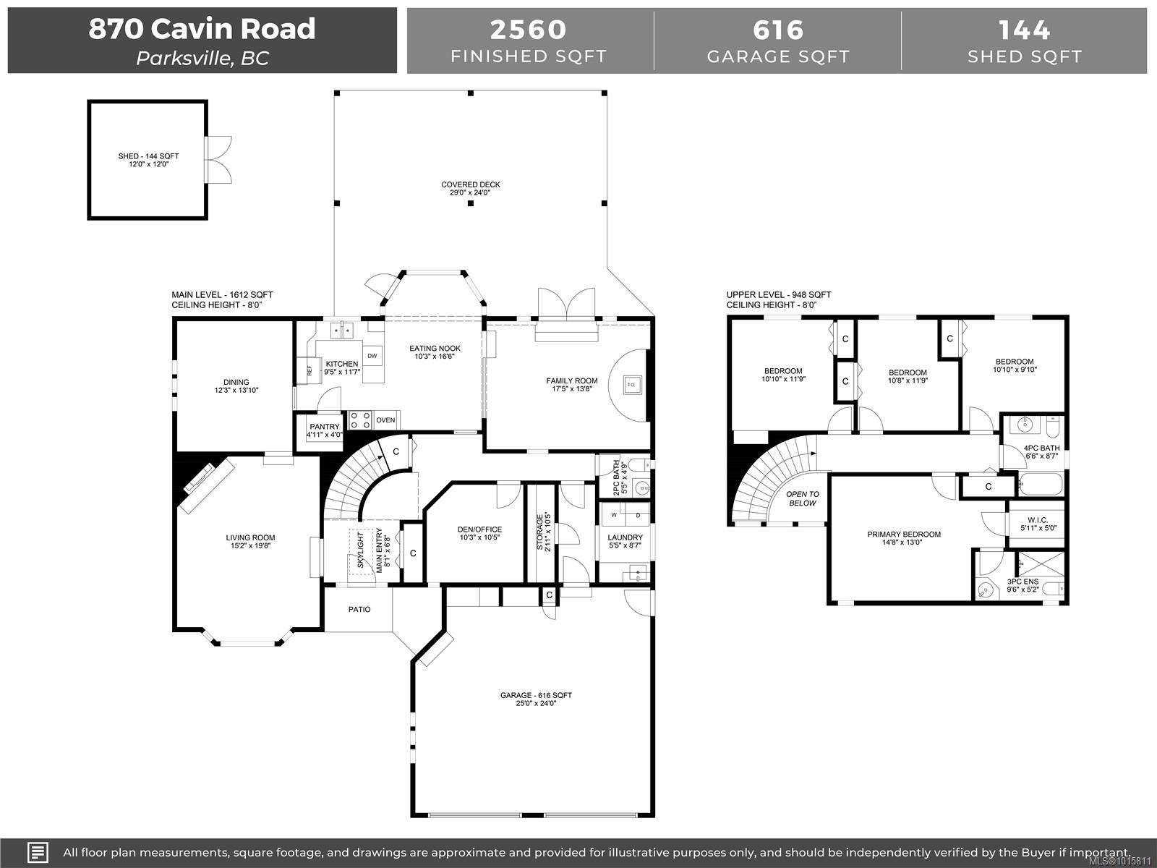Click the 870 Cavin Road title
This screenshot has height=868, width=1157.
coord(202,28)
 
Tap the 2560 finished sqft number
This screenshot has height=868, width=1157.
coord(528,30)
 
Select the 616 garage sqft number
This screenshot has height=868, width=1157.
coord(778,30)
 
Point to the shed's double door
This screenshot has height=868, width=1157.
coord(218,160)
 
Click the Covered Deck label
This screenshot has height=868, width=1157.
coord(471,188)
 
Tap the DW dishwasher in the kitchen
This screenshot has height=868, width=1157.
coord(372,356)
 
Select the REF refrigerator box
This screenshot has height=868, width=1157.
coord(309,370)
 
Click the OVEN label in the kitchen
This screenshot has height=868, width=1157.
coord(386,420)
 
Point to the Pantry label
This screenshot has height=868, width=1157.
coord(325,430)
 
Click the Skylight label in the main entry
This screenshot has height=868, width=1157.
coord(361,550)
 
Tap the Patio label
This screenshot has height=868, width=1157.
coord(359,609)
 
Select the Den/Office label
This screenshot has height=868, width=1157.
coord(479,533)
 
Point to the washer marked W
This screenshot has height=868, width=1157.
coord(613,515)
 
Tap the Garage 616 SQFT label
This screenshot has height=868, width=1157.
coord(536,699)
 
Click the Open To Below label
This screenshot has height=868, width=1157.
coord(803,498)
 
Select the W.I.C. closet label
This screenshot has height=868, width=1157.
coord(1038,524)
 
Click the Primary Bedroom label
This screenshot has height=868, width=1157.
coord(904,538)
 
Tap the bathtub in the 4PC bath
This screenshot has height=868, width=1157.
coord(1041,484)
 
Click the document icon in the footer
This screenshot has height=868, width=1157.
coord(38,852)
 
